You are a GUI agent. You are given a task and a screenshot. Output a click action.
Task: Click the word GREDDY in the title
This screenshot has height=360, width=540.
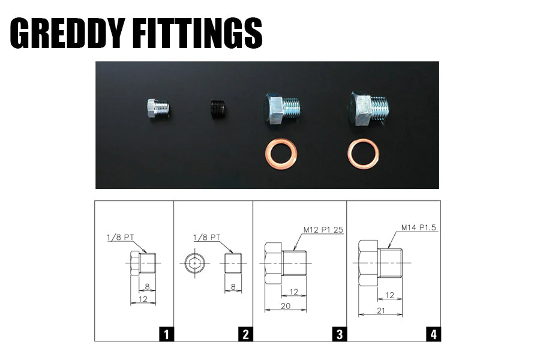(x=67, y=33)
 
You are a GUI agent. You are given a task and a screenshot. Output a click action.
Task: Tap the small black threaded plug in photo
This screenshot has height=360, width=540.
(x=218, y=109)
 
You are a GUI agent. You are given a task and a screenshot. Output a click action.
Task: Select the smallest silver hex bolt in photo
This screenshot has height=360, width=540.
(x=158, y=109)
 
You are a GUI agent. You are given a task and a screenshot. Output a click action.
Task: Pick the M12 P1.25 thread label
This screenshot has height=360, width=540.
(x=323, y=230)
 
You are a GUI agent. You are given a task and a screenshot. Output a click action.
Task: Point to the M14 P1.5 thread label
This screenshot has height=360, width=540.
(x=418, y=227)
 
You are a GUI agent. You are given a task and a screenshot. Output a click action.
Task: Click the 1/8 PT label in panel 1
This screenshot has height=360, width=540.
(x=120, y=238)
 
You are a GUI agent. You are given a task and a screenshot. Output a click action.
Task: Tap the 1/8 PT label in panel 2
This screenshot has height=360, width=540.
(x=206, y=238)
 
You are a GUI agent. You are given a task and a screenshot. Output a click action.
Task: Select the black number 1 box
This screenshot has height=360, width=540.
(x=166, y=334)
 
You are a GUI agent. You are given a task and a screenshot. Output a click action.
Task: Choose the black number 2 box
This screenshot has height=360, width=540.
(x=245, y=334)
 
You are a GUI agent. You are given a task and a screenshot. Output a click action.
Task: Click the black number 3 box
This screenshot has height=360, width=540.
(x=340, y=334)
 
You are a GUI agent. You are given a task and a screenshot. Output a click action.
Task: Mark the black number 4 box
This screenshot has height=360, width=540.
(x=434, y=334)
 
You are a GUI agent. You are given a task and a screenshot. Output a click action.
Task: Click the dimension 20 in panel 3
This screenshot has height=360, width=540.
(x=286, y=305)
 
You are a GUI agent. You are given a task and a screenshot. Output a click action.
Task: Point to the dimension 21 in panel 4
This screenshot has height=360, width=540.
(x=380, y=310)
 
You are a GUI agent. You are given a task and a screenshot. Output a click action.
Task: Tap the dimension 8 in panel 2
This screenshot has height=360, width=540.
(x=233, y=287)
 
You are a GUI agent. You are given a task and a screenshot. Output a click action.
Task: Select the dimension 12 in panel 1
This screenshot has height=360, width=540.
(x=143, y=299)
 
